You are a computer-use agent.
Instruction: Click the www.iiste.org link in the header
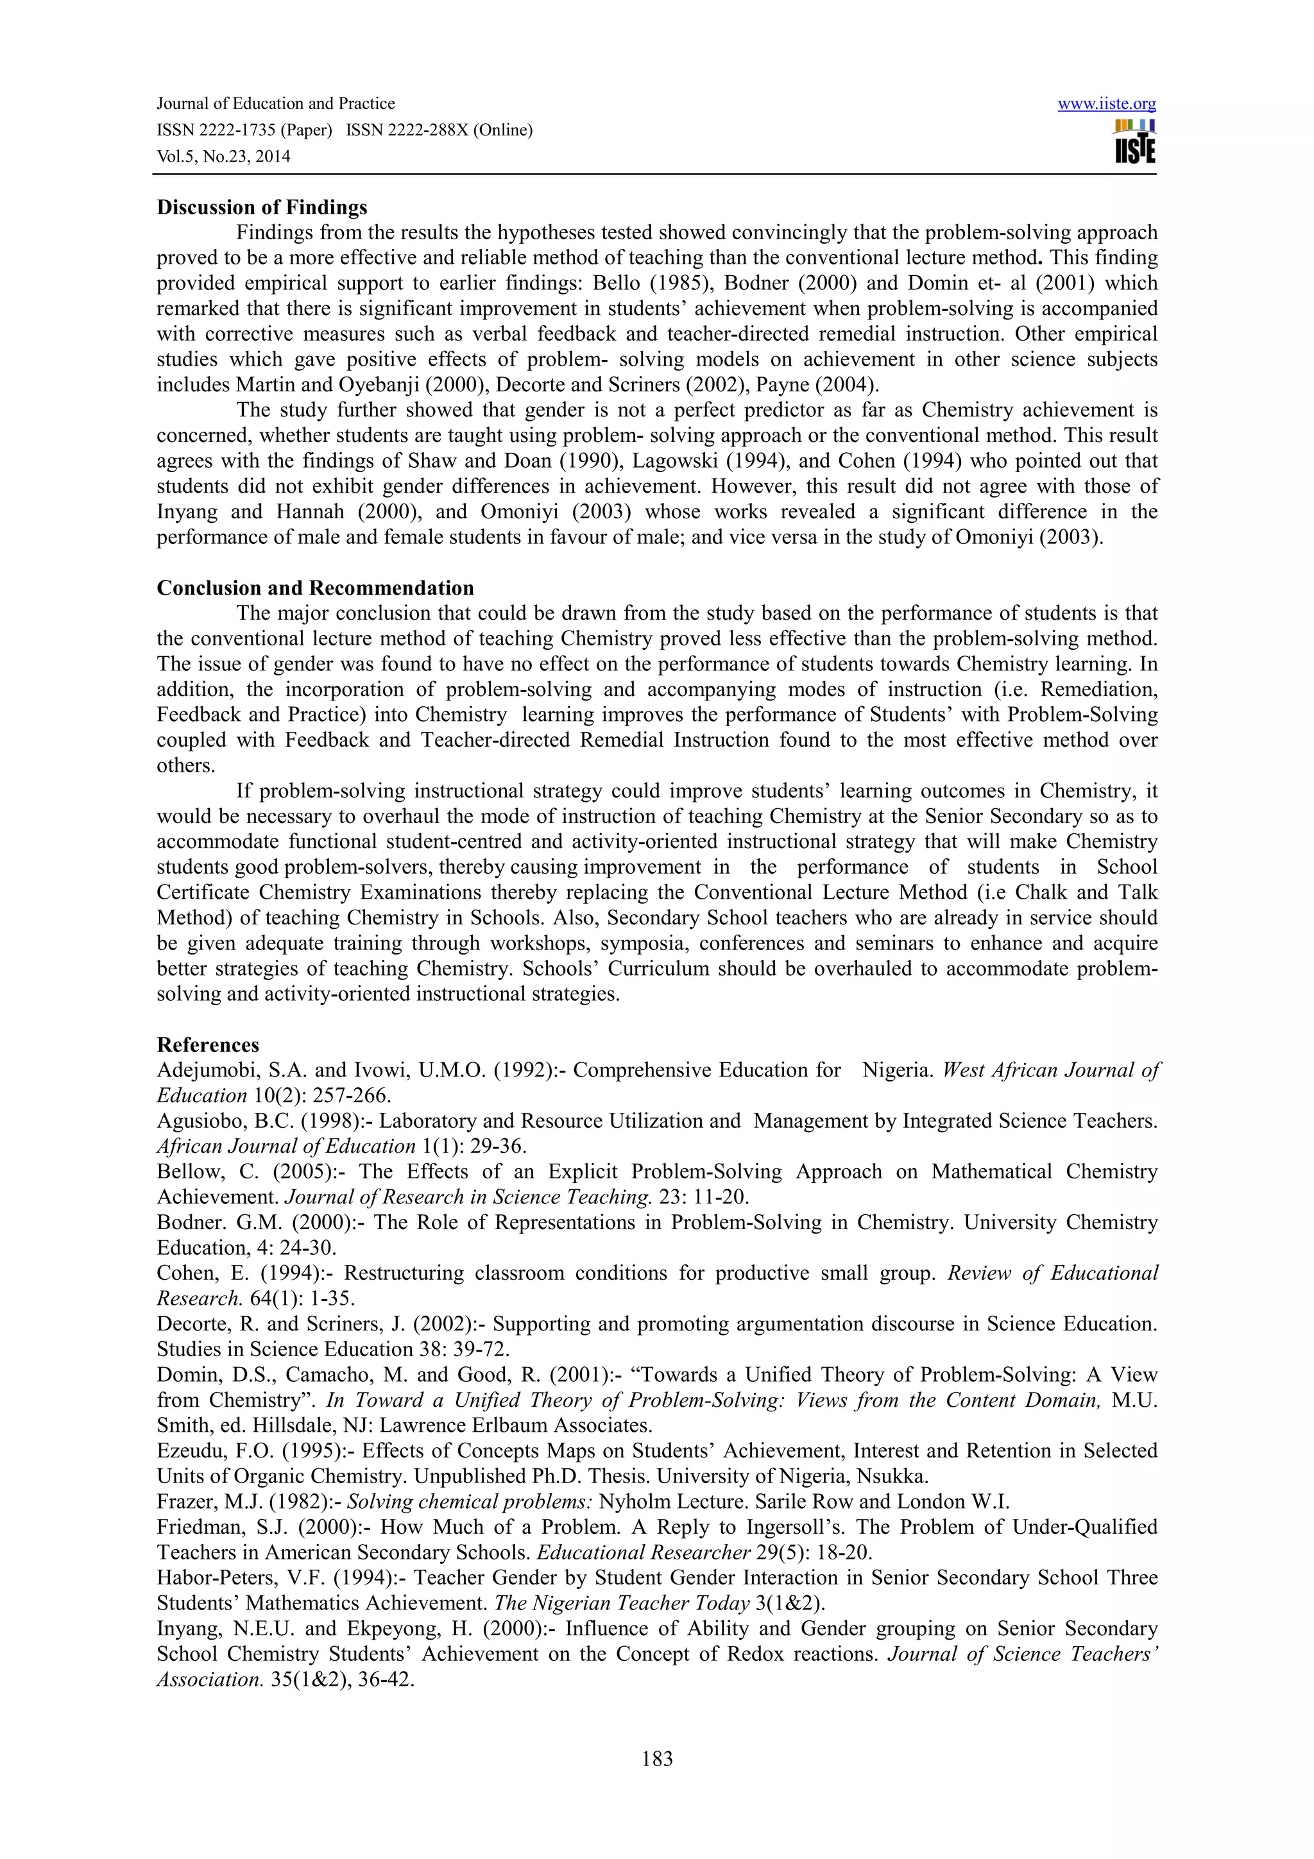click(x=1106, y=104)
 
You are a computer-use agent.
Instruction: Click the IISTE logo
click(x=1134, y=142)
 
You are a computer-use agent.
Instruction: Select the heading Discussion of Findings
click(x=262, y=207)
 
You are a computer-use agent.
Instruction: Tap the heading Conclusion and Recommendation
click(x=315, y=588)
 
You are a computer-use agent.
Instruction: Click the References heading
click(x=208, y=1044)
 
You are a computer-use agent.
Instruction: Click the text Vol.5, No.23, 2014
click(x=223, y=157)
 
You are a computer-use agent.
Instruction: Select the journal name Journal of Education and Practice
click(x=275, y=104)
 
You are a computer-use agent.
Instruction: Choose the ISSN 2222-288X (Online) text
click(x=439, y=130)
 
